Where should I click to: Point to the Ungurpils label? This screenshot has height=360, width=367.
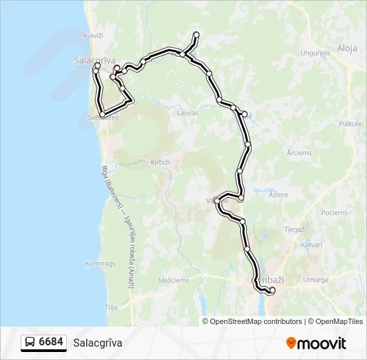pyautogui.click(x=315, y=52)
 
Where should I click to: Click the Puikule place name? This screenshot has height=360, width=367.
pyautogui.click(x=350, y=123)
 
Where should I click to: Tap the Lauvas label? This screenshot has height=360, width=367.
pyautogui.click(x=188, y=113)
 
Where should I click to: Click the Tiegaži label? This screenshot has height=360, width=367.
pyautogui.click(x=295, y=229)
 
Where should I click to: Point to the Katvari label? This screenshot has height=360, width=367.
pyautogui.click(x=311, y=245)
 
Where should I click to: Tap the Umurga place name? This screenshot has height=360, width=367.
pyautogui.click(x=316, y=280)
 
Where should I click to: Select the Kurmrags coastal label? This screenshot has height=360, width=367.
pyautogui.click(x=101, y=263)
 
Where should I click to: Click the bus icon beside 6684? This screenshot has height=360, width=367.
pyautogui.click(x=31, y=343)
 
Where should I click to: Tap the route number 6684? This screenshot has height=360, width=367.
pyautogui.click(x=51, y=343)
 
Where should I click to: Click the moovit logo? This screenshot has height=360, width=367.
pyautogui.click(x=316, y=343)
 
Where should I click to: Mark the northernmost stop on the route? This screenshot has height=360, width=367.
pyautogui.click(x=196, y=34)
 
